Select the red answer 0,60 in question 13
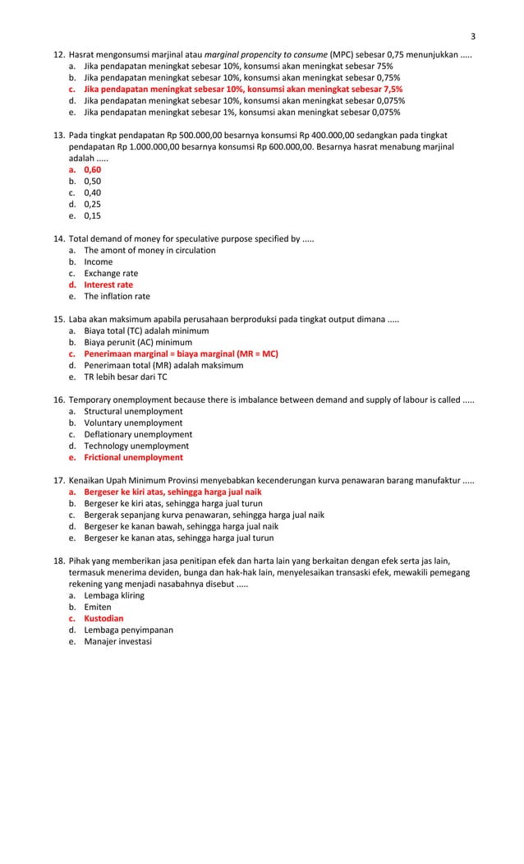[x=92, y=169]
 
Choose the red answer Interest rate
[x=108, y=284]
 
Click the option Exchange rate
[x=111, y=273]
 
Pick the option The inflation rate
[x=117, y=296]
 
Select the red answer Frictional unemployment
[x=133, y=457]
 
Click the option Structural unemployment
[x=133, y=411]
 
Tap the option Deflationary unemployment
[x=138, y=434]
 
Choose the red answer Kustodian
[x=106, y=618]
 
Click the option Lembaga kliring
[x=114, y=595]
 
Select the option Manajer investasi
[x=117, y=641]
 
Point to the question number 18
[x=58, y=561]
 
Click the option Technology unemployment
[x=136, y=446]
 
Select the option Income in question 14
[x=99, y=261]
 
